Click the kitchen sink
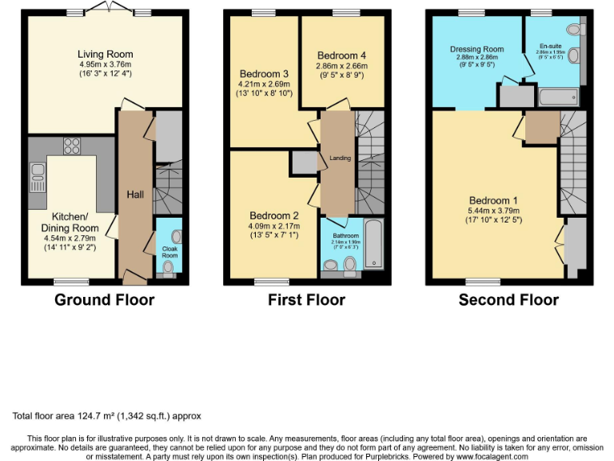(x=37, y=170)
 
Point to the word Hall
(x=135, y=194)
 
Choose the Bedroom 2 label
(x=273, y=215)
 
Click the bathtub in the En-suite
(x=558, y=98)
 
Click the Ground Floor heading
(x=104, y=300)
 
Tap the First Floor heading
(x=306, y=300)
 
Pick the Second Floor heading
(x=508, y=300)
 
